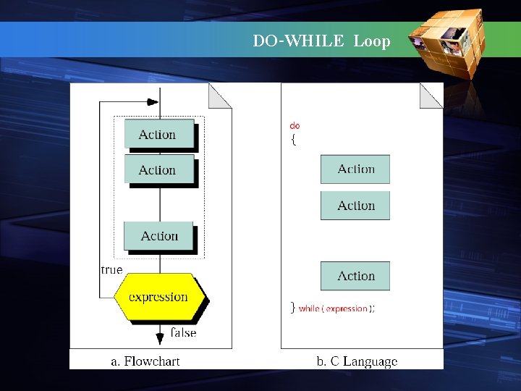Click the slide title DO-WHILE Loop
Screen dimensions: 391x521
click(321, 41)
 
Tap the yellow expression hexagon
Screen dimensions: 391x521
click(159, 297)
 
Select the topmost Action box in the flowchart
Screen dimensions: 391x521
click(158, 134)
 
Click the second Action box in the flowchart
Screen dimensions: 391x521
click(158, 170)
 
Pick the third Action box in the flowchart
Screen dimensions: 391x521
click(158, 236)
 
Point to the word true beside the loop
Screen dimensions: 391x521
click(111, 270)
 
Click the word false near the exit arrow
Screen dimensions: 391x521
click(184, 333)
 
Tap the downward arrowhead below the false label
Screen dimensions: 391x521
click(160, 338)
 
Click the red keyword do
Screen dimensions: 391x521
click(295, 126)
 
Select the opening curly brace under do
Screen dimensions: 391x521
click(293, 140)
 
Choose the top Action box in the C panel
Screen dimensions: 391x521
click(355, 169)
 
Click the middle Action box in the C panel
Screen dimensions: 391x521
click(355, 206)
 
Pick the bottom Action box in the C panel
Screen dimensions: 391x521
click(355, 276)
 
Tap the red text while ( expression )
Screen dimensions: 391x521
click(336, 308)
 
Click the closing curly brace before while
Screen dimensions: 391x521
click(292, 308)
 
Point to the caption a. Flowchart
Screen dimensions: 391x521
click(145, 361)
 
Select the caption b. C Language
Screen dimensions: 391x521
click(357, 361)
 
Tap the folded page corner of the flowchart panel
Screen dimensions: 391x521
click(219, 96)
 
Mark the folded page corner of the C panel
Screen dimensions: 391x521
click(431, 95)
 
